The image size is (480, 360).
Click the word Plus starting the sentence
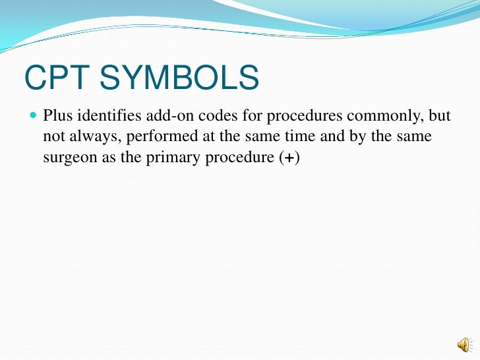click(57, 117)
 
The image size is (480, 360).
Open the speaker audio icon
click(464, 344)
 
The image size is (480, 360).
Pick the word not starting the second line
click(53, 138)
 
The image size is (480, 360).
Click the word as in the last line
click(105, 159)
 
